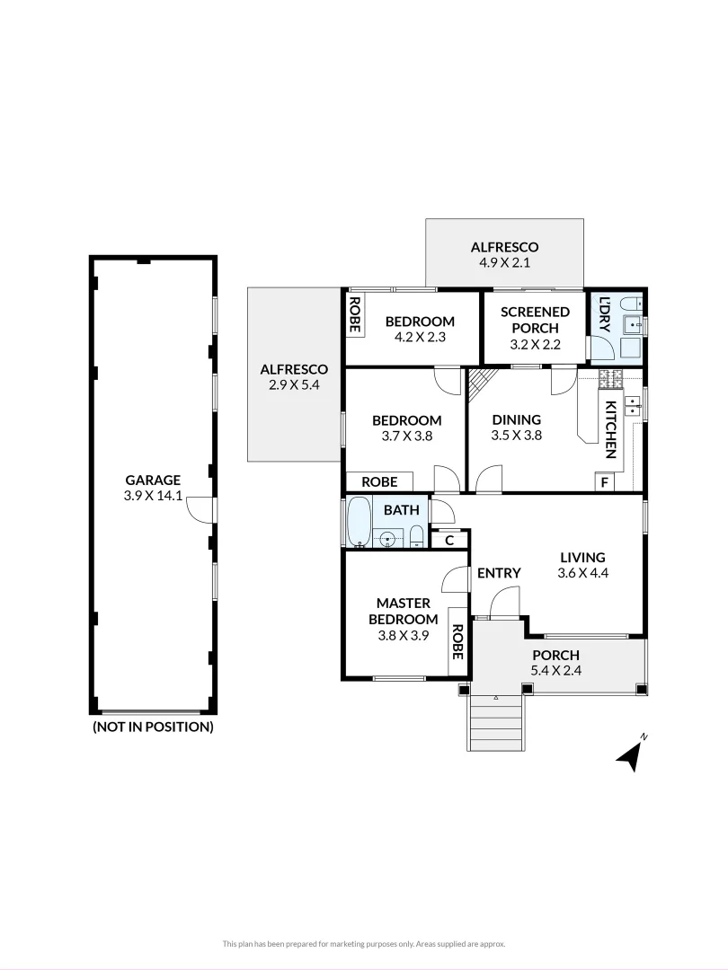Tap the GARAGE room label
[153, 480]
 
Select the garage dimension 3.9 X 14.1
[153, 495]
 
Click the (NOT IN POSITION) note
[153, 727]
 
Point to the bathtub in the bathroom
[359, 523]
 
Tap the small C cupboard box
[449, 540]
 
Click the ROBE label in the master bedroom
[457, 642]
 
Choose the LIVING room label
[582, 557]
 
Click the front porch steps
[494, 722]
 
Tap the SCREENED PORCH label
[535, 320]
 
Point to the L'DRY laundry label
[604, 314]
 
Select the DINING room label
[516, 419]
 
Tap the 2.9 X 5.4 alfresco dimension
[294, 384]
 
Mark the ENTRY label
[499, 573]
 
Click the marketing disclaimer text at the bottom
[364, 943]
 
